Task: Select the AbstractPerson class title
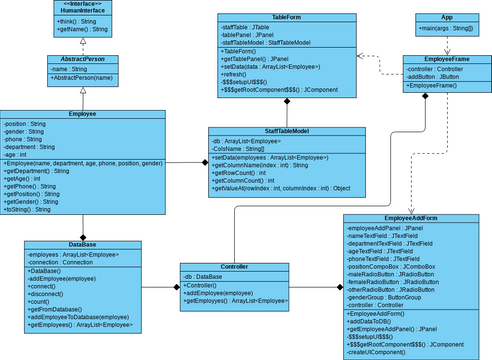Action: pyautogui.click(x=81, y=60)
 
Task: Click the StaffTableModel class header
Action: pyautogui.click(x=285, y=131)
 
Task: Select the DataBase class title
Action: pyautogui.click(x=82, y=244)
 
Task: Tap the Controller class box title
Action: pyautogui.click(x=234, y=267)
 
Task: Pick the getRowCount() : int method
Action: pyautogui.click(x=245, y=172)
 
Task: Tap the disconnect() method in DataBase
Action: pyautogui.click(x=51, y=294)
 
